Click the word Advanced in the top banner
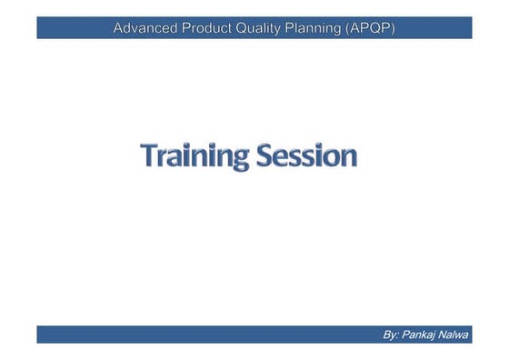[145, 28]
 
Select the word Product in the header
[210, 28]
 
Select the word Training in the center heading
[193, 155]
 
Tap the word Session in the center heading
[304, 155]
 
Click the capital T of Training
[149, 155]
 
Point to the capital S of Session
[260, 155]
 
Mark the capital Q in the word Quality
[249, 28]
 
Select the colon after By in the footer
[398, 335]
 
